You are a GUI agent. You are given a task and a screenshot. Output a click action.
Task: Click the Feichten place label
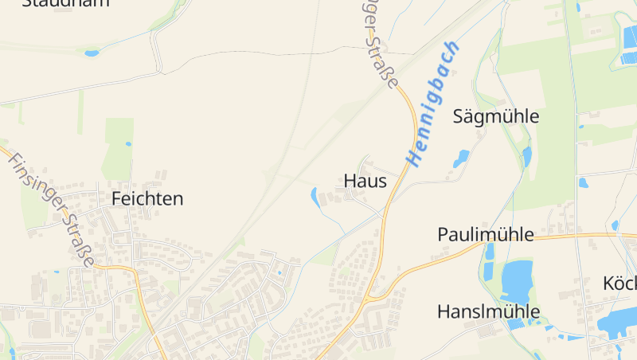coord(147,198)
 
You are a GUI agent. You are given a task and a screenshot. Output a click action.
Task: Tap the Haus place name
coord(365,181)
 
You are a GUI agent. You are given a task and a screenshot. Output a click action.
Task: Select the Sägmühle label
coord(495,116)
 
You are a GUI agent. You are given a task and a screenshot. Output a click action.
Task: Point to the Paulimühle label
coord(485,234)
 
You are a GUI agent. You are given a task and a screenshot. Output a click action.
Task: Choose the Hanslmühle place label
coord(488,311)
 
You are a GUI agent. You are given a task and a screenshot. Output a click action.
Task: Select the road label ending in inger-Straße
coord(380,44)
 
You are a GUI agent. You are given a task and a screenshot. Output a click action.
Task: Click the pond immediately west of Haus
coord(316,198)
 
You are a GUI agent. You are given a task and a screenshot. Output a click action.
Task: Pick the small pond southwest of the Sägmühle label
coord(462,157)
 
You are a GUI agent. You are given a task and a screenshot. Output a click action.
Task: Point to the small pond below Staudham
coord(92,53)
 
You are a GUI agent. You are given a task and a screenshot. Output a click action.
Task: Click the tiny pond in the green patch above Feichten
coord(128,144)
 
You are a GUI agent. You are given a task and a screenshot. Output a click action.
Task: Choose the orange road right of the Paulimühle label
coord(585,236)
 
